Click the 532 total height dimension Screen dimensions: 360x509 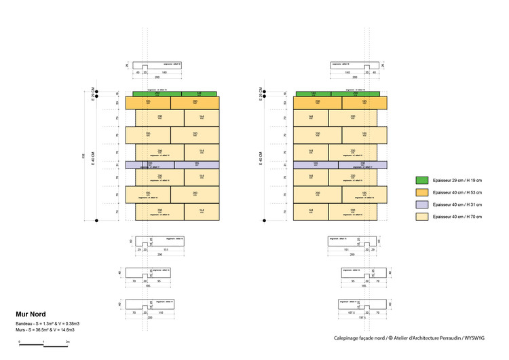(x=84, y=156)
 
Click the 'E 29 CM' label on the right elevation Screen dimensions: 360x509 (x=261, y=94)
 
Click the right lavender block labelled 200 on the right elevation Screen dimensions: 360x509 (x=362, y=164)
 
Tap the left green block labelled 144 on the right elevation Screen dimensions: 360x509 (x=313, y=94)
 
